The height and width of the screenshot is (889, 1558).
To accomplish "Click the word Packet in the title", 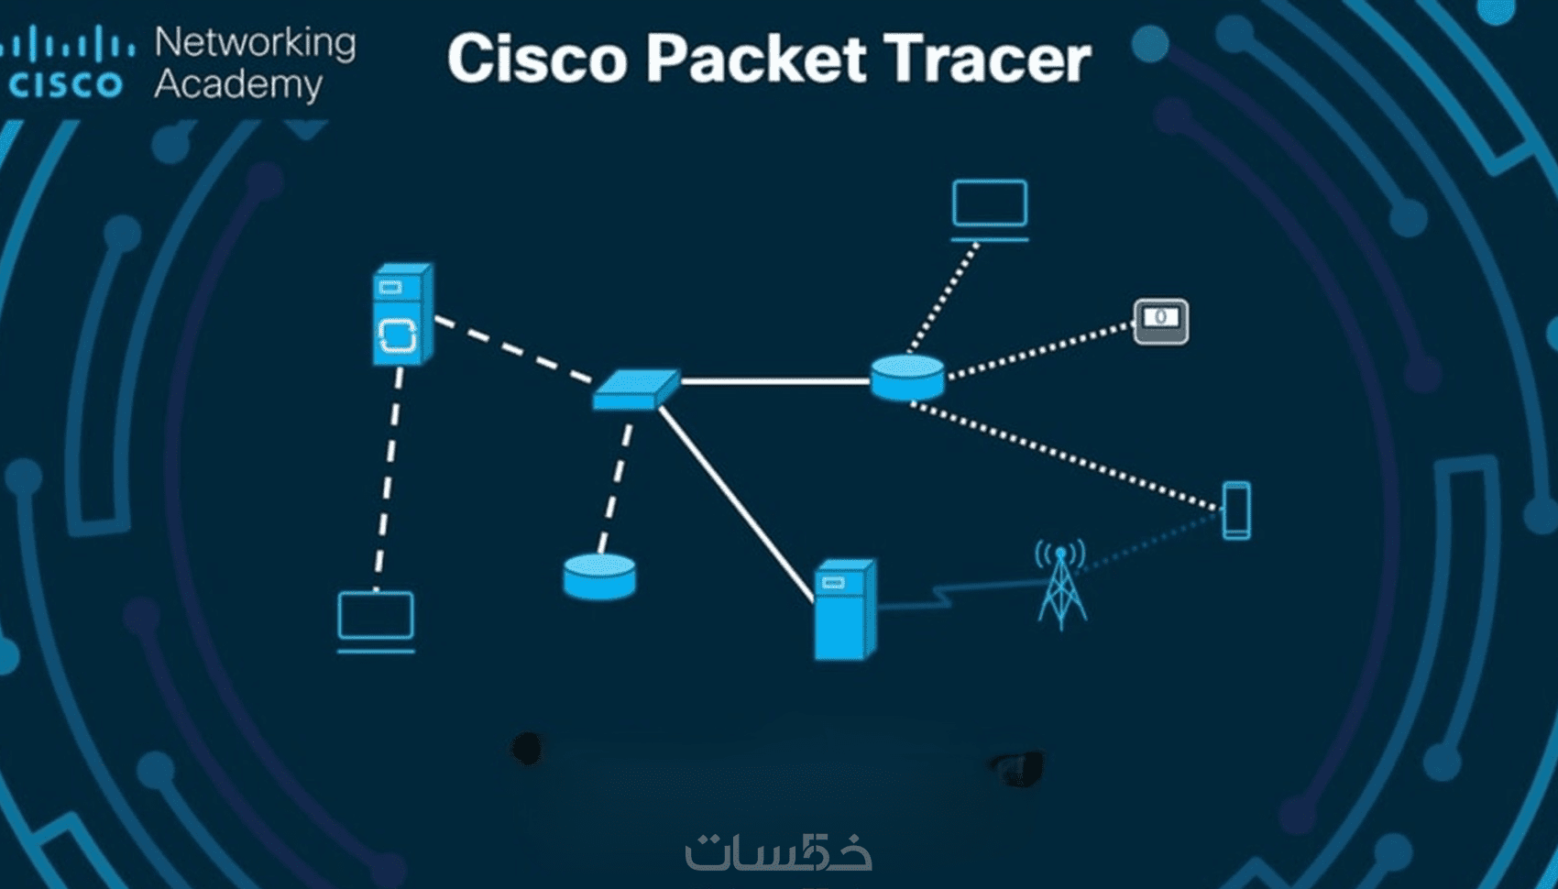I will point(755,59).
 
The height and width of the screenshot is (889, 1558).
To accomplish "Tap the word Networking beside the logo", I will point(255,42).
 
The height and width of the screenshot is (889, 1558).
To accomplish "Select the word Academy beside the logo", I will point(238,84).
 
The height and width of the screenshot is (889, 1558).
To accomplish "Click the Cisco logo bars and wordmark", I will point(66,62).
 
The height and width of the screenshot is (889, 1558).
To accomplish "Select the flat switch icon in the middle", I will point(635,389).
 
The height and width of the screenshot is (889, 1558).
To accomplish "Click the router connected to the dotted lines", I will point(907,378).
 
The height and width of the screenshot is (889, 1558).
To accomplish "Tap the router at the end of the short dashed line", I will point(599,576).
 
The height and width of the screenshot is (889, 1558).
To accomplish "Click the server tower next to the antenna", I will point(844,609).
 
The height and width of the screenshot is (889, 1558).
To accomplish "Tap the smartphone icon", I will point(1236,510).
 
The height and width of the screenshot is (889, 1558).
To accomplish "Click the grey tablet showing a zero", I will point(1161,322).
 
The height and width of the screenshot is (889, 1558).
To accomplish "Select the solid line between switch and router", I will point(774,380).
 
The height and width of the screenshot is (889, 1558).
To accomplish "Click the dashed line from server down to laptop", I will point(389,477).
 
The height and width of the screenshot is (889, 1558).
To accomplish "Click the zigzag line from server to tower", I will point(944,594).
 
